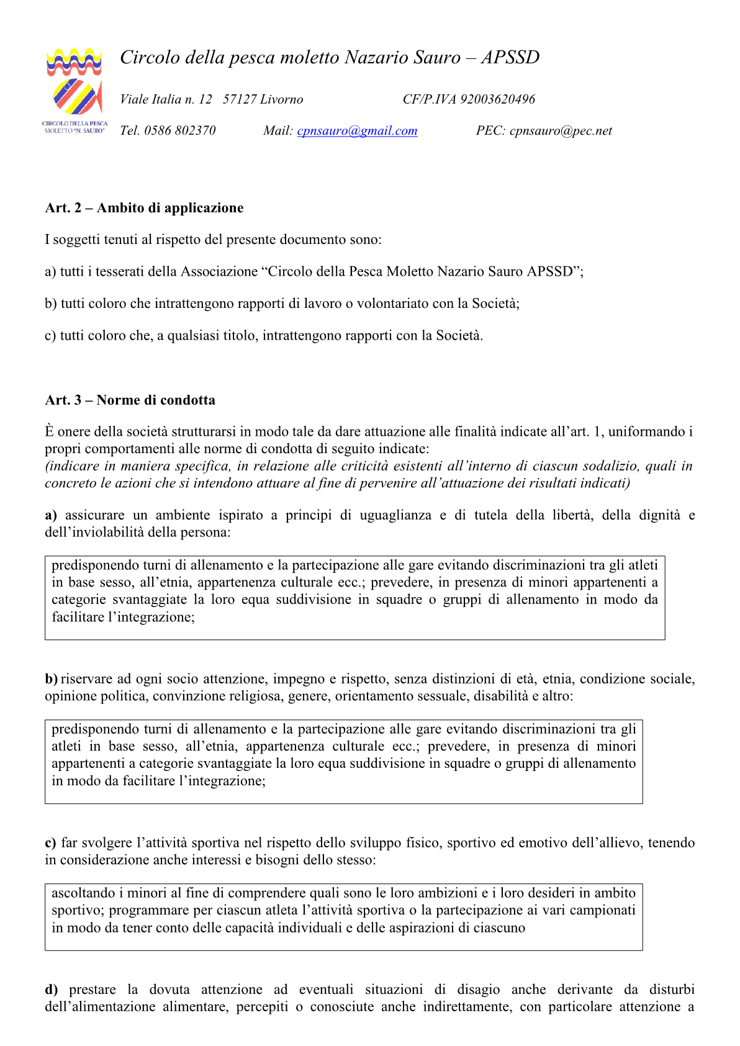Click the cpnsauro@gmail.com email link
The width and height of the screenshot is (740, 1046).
357,131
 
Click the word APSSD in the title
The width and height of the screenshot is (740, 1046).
510,58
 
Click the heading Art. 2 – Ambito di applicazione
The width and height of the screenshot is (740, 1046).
144,208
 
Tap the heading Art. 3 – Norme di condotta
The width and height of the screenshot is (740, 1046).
130,400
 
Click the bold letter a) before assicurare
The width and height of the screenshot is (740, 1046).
51,515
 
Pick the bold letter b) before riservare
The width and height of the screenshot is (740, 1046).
51,679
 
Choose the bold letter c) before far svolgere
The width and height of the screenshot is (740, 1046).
50,843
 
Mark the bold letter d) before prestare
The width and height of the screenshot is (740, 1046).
51,990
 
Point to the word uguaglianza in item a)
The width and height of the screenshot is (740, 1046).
395,515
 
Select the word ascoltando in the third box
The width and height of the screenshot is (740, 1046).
83,893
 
